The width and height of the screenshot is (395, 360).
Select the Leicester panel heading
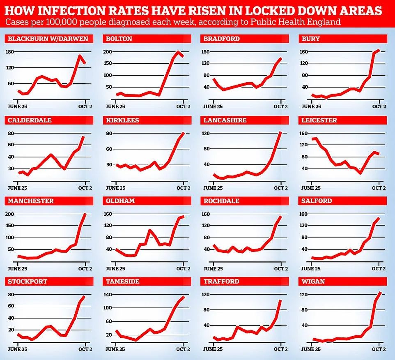click(x=319, y=120)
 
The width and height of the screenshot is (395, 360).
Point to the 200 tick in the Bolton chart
click(x=108, y=52)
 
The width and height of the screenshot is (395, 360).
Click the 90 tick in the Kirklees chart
click(x=109, y=133)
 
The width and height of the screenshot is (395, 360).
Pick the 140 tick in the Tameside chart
click(x=108, y=295)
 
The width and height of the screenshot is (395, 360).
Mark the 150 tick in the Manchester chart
click(x=10, y=226)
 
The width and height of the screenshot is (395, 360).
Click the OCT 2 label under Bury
click(x=379, y=106)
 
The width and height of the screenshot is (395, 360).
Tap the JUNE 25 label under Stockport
click(x=17, y=349)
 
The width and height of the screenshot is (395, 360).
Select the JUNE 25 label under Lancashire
click(x=213, y=188)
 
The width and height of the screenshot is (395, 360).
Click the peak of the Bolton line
click(x=178, y=52)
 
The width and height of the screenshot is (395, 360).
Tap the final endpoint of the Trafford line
click(x=281, y=300)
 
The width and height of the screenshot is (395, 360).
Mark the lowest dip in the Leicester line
click(x=360, y=173)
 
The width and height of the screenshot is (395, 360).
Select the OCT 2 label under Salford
click(x=379, y=268)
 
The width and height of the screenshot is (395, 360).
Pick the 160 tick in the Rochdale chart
click(x=206, y=214)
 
